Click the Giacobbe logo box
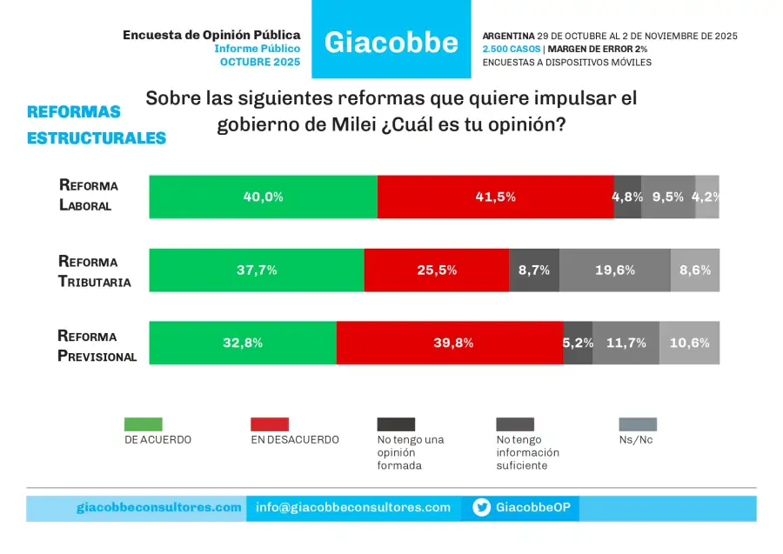[x=391, y=40]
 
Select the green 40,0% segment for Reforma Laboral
[x=263, y=197]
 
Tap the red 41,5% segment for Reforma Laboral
[x=495, y=197]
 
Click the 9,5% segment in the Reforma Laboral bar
[x=668, y=197]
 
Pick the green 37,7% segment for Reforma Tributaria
[x=257, y=270]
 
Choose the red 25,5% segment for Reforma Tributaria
[x=436, y=270]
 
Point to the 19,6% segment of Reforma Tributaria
[x=615, y=270]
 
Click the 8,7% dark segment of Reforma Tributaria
[x=533, y=270]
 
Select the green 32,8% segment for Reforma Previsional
[x=243, y=343]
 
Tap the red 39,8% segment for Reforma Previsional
[x=449, y=343]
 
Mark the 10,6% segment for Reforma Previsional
[x=689, y=343]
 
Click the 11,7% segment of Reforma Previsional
[x=626, y=343]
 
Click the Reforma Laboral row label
[x=88, y=196]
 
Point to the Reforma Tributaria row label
[x=94, y=270]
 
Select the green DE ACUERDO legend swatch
[x=144, y=424]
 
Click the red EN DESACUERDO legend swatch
[x=270, y=424]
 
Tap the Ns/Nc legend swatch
[x=638, y=424]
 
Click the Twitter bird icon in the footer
[x=482, y=508]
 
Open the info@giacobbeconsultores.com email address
[x=353, y=508]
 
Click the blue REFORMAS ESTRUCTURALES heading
[x=96, y=124]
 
